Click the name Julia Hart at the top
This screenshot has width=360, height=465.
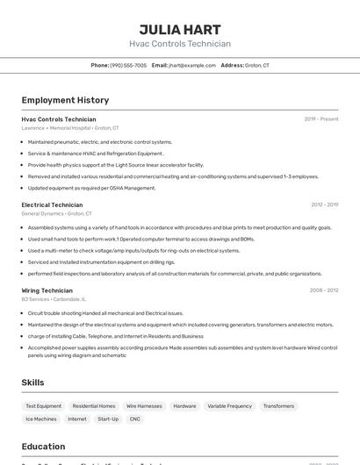180,29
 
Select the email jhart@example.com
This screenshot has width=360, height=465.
191,65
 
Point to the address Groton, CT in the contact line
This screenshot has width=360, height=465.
257,65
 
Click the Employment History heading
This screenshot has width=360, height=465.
65,100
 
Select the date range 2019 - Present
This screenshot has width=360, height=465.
321,119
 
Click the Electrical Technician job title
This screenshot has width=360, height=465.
52,204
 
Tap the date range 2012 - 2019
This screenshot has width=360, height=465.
324,204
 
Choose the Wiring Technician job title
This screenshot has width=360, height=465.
47,290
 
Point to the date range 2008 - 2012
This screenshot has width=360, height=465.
324,290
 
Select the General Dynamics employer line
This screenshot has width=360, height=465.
56,213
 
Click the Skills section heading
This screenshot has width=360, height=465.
32,383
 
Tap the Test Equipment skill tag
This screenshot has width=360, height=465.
44,406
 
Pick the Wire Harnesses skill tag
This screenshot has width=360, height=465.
144,406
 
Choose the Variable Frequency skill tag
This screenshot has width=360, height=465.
229,406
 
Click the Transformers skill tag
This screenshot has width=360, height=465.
278,406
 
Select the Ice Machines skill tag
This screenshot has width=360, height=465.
40,419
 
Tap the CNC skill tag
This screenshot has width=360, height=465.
134,419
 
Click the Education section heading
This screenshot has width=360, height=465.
43,447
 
